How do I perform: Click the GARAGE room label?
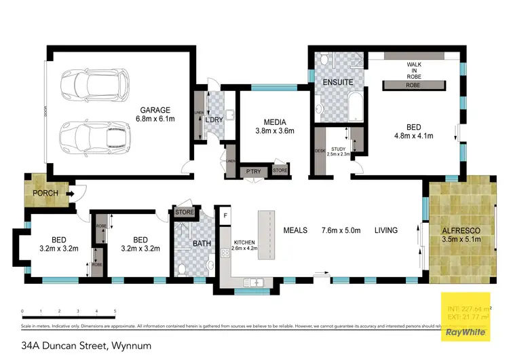point(156,109)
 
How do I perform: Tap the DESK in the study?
point(320,151)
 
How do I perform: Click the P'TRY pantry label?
point(254,171)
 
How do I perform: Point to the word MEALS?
point(296,230)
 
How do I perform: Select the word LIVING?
point(386,230)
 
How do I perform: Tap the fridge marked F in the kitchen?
point(225,216)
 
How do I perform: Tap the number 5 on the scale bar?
point(115,311)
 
